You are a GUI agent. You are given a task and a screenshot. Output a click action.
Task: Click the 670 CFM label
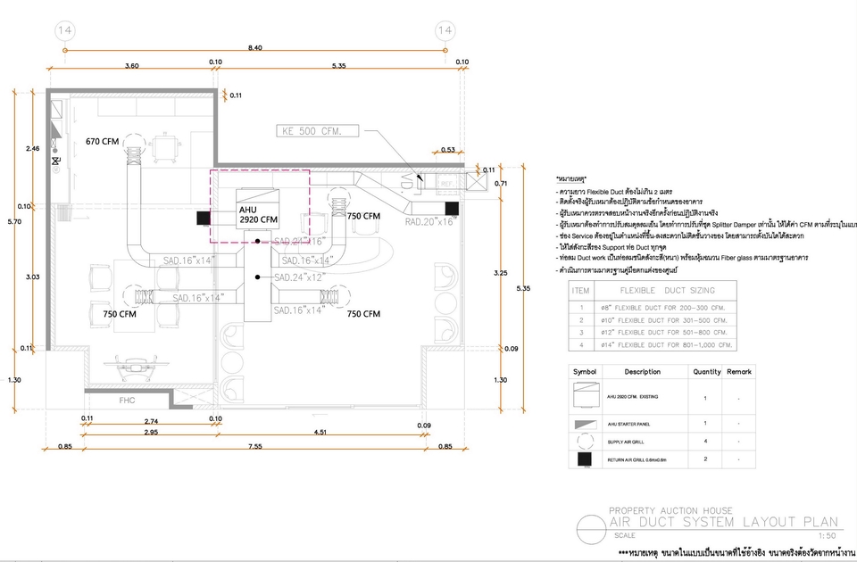[x=103, y=141]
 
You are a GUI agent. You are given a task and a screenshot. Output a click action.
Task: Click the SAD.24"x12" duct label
[x=300, y=277]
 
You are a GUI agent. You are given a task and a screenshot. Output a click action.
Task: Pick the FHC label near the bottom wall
[x=127, y=401]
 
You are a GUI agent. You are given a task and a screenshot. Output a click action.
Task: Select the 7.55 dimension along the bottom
[x=254, y=446]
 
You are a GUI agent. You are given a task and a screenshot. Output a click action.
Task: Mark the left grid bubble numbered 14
[x=64, y=31]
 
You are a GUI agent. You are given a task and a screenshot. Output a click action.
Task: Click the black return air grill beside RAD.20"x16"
[x=452, y=210]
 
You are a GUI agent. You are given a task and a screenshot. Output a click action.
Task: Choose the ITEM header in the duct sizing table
[x=581, y=290]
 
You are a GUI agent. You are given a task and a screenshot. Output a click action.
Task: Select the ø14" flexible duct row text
[x=670, y=343]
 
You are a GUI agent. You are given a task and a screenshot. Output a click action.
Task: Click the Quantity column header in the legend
[x=705, y=371]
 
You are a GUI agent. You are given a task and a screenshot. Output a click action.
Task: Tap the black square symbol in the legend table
[x=586, y=459]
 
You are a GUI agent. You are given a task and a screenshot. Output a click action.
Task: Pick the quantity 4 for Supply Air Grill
[x=705, y=441]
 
